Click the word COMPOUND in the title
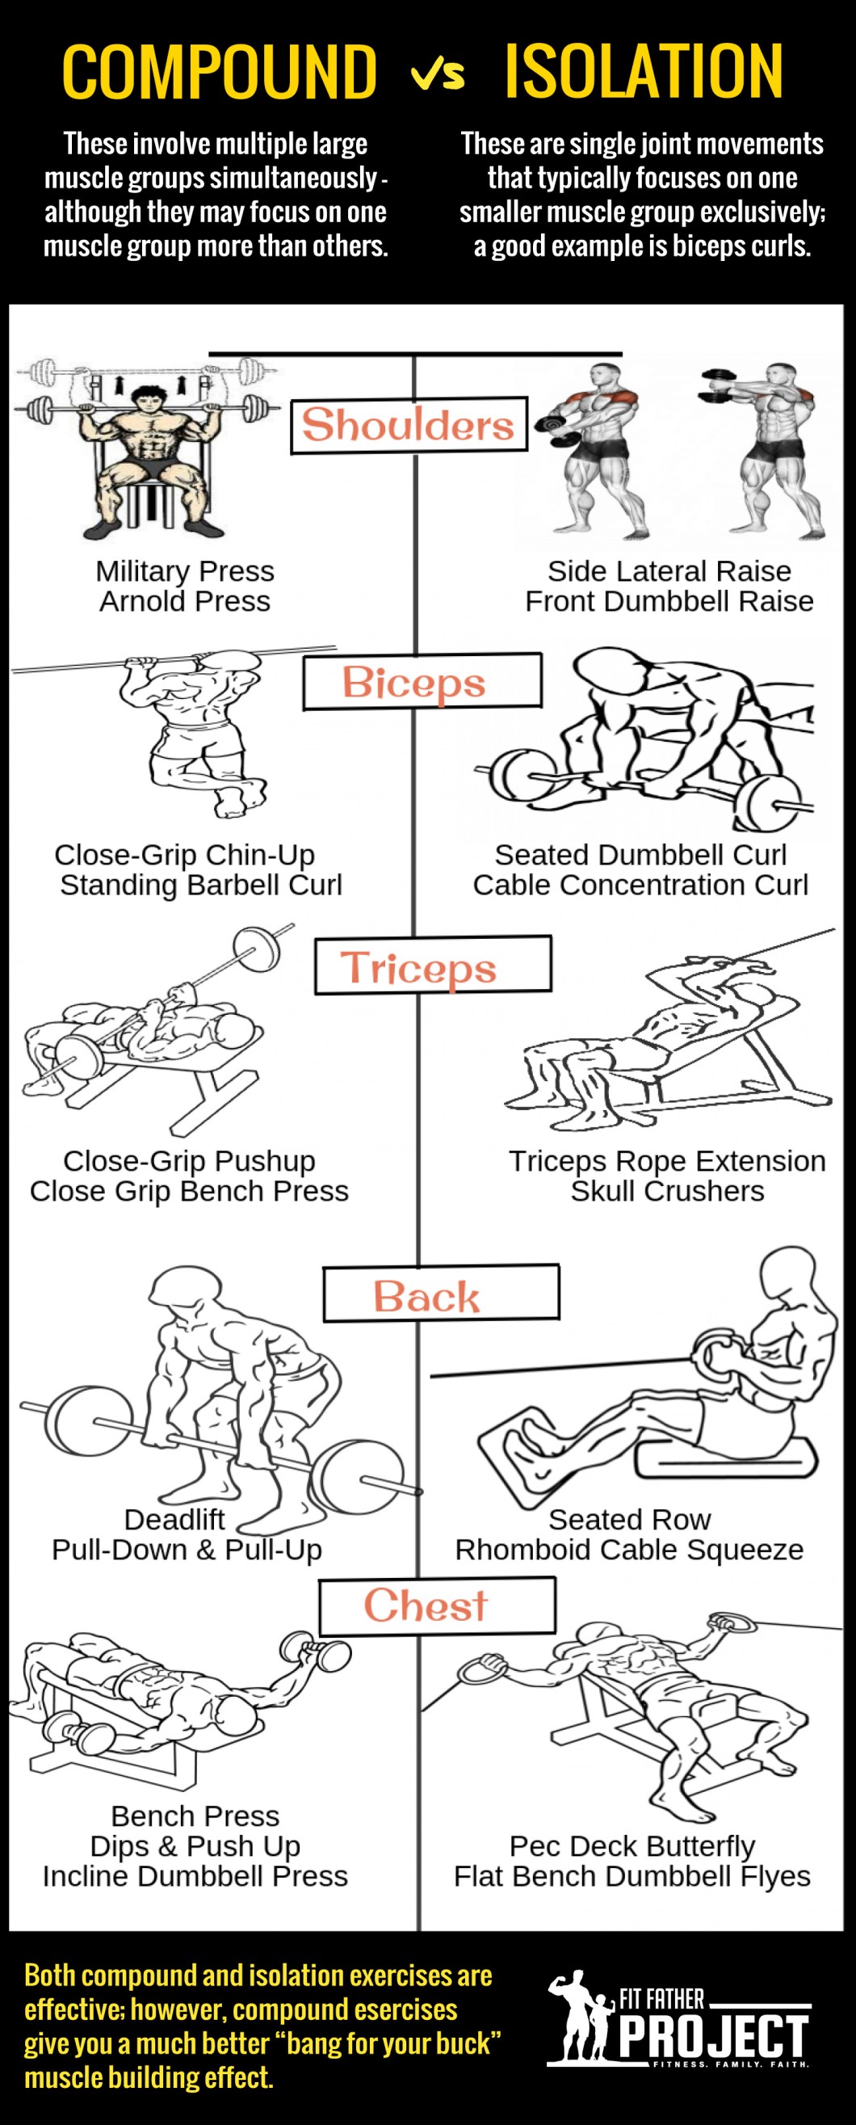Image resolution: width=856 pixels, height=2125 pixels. pos(220,72)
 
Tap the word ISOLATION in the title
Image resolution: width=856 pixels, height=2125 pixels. pos(644,72)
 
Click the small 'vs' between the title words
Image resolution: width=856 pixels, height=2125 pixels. pos(438,74)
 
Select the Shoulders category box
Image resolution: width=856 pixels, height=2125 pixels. pos(408,426)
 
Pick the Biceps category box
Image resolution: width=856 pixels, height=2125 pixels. pos(422,681)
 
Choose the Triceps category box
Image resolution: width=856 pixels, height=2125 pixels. pos(433,965)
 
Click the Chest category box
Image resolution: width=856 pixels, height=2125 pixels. pos(437,1605)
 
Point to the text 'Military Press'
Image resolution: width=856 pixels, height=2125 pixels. pos(185,571)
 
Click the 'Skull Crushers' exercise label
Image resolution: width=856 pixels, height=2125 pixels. pos(668,1191)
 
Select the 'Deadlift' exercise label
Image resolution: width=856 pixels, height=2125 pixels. pos(174,1520)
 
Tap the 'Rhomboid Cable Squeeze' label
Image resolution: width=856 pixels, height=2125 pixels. pos(629,1550)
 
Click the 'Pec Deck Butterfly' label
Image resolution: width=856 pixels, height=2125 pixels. pos(632,1846)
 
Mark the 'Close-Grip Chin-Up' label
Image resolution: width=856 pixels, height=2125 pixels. pos(185,855)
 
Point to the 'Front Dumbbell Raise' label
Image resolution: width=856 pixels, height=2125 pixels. pos(669,601)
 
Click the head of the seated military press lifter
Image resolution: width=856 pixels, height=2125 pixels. pos(149,402)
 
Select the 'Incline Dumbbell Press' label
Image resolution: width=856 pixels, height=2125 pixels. pos(195,1877)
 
